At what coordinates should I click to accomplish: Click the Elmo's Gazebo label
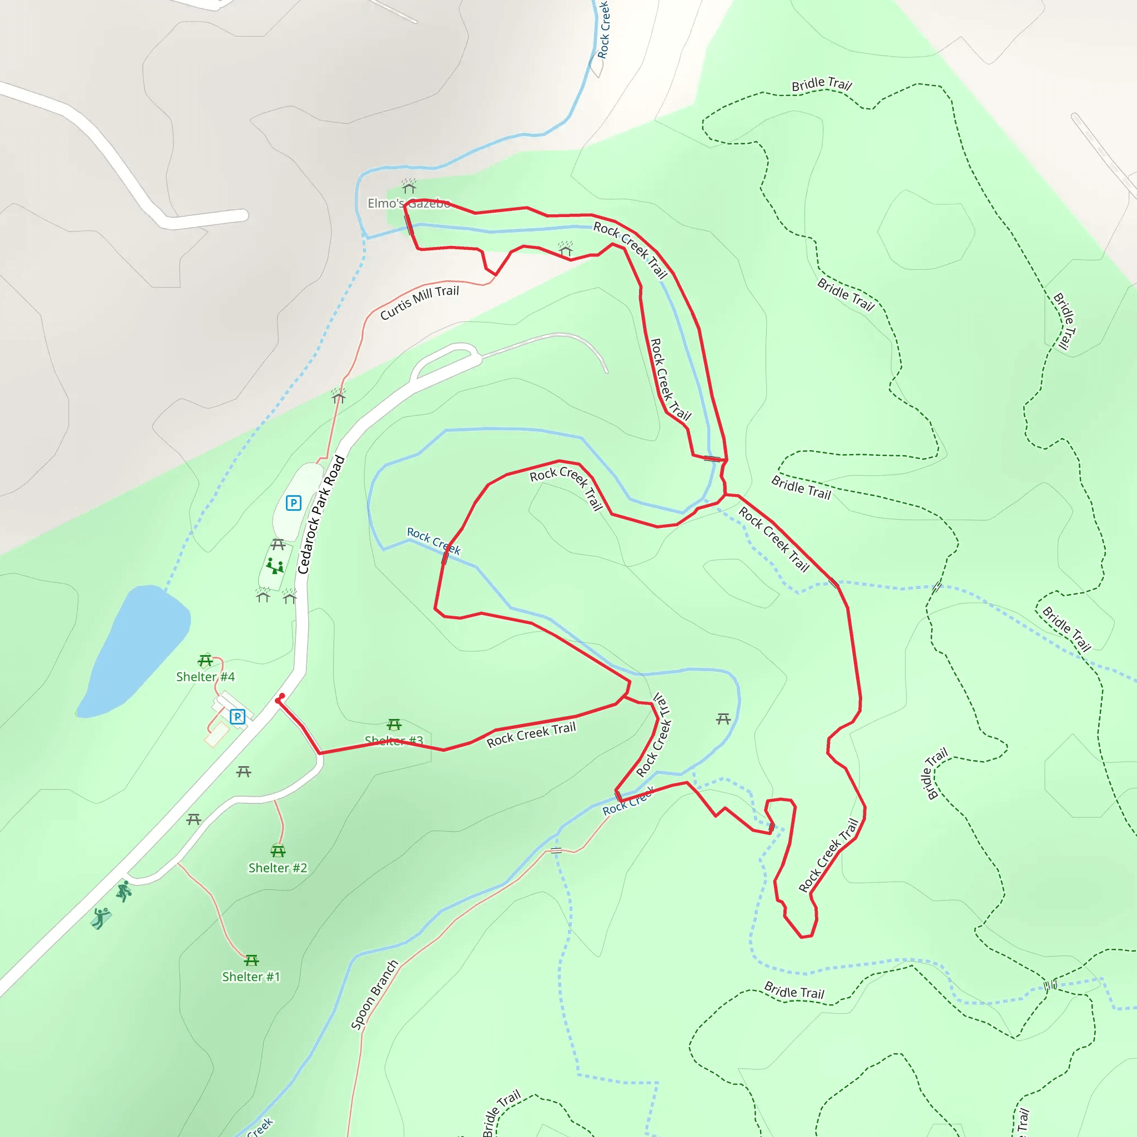tap(409, 204)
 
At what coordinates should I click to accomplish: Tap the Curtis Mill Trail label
tap(419, 303)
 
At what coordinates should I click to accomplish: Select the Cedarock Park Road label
tap(321, 514)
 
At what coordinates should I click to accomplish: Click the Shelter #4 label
tap(205, 677)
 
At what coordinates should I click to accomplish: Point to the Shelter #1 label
tap(251, 977)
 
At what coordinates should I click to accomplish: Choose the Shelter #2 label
tap(278, 868)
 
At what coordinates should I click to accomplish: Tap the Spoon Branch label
tap(374, 994)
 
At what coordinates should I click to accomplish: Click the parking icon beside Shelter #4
tap(237, 716)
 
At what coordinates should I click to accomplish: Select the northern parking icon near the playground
tap(293, 502)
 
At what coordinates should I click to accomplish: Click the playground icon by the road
tap(274, 566)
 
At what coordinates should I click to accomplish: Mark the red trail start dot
tap(279, 700)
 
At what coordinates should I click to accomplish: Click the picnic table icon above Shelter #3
tap(394, 724)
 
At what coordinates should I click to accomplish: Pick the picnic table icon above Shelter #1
tap(251, 960)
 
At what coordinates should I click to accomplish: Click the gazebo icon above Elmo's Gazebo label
tap(409, 187)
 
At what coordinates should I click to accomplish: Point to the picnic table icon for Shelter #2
tap(278, 851)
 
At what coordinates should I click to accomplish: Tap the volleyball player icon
tap(101, 917)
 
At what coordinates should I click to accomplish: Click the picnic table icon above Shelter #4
tap(205, 660)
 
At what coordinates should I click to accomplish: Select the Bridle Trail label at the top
tap(822, 84)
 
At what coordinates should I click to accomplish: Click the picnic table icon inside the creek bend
tap(723, 718)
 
